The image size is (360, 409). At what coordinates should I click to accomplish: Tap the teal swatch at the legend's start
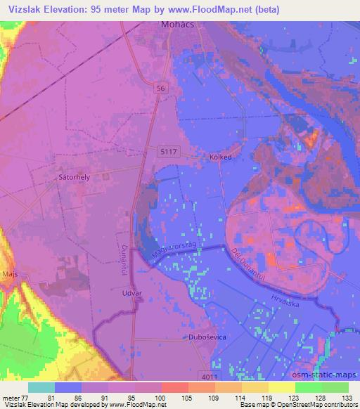point(41,387)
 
